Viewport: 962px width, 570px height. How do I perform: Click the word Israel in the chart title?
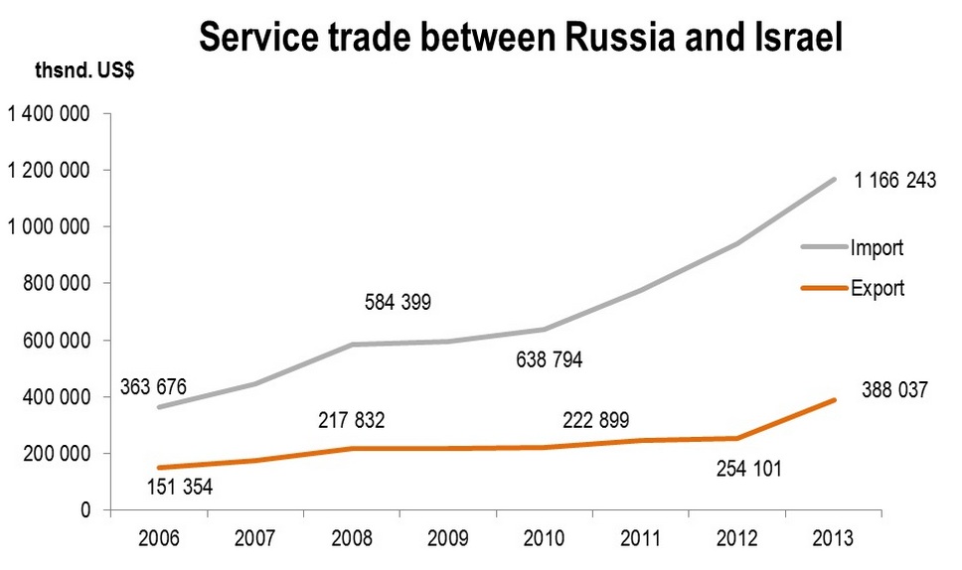[795, 38]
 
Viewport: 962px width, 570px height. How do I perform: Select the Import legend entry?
[877, 247]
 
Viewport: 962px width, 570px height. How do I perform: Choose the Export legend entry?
[878, 289]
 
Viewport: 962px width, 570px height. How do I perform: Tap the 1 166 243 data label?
[894, 182]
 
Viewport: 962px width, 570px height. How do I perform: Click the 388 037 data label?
[893, 391]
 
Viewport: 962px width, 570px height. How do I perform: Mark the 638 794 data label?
[549, 358]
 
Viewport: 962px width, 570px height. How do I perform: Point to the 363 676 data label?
[153, 386]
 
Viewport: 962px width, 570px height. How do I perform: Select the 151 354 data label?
[179, 487]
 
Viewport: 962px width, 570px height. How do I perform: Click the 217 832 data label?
[351, 421]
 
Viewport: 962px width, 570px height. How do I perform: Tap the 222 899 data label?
[595, 421]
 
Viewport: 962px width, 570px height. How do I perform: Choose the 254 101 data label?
[749, 468]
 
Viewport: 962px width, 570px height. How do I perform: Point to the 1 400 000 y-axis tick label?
[49, 115]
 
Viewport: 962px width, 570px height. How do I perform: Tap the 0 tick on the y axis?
[85, 510]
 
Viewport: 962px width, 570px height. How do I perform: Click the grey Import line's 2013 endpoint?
[834, 180]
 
